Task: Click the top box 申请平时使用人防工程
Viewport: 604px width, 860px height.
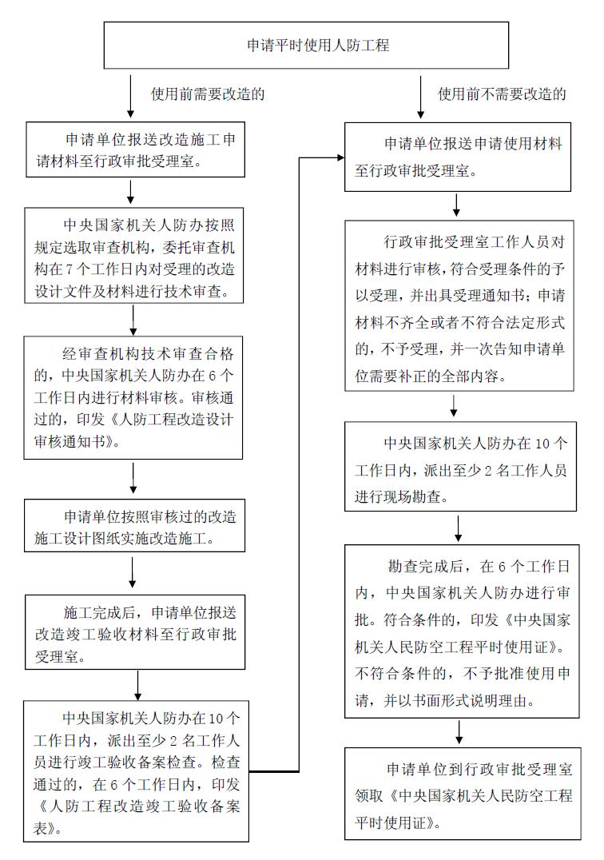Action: [x=306, y=46]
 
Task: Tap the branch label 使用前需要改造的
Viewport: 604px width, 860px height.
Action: [x=208, y=94]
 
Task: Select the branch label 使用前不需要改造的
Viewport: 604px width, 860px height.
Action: [x=502, y=94]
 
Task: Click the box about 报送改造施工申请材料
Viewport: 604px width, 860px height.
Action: [x=135, y=149]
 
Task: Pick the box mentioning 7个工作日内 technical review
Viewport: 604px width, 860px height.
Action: [x=133, y=256]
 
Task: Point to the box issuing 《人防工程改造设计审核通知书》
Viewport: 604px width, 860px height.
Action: [x=133, y=398]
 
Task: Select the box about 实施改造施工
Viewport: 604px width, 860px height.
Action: [x=134, y=525]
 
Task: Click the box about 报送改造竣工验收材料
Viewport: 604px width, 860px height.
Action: [x=135, y=632]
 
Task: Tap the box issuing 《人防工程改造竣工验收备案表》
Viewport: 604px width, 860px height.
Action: [x=136, y=771]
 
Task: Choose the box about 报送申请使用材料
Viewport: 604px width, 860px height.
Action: [x=458, y=157]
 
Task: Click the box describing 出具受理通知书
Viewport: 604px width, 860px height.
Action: [x=459, y=305]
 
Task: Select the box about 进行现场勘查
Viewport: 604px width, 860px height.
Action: [x=460, y=467]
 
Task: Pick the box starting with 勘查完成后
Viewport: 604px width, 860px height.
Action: [x=462, y=631]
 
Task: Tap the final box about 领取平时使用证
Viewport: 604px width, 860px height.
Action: [x=463, y=794]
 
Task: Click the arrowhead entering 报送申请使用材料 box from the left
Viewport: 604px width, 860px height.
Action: [x=340, y=158]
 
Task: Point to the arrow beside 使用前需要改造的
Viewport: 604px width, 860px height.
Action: [x=130, y=97]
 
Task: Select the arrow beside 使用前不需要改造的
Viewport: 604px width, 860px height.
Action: [x=420, y=97]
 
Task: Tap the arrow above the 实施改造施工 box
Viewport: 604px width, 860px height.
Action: [x=133, y=478]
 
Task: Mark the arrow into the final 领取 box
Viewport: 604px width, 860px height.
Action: [x=459, y=732]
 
